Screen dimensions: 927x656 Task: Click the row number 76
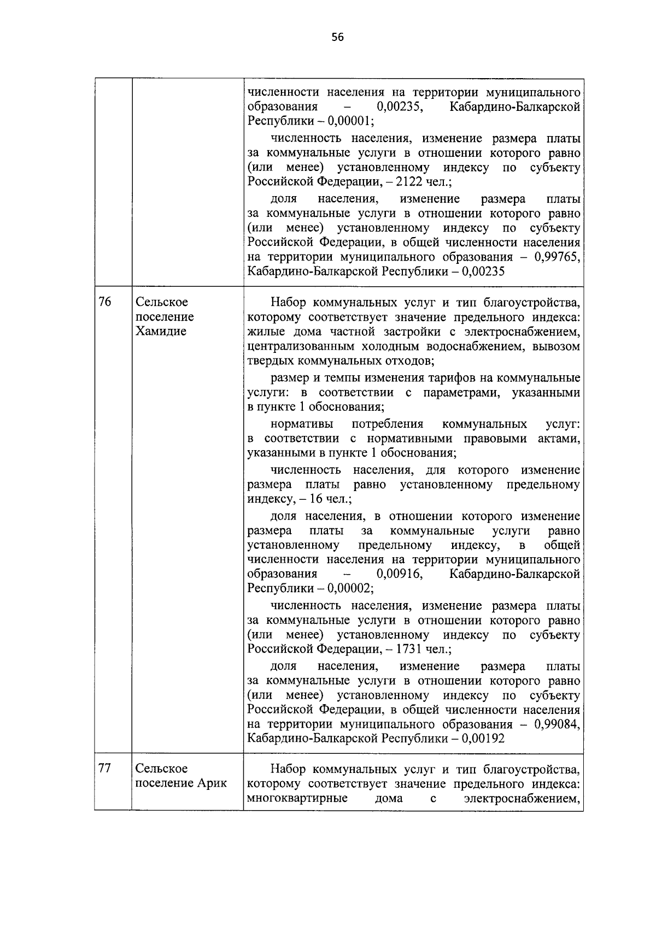point(105,302)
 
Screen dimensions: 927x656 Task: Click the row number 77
point(105,768)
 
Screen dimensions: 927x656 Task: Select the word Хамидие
point(161,331)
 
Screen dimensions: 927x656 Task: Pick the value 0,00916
point(400,574)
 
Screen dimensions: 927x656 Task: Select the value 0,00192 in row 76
point(483,739)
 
